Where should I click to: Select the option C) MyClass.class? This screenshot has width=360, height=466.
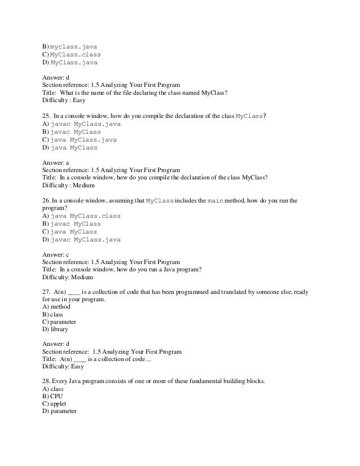click(72, 54)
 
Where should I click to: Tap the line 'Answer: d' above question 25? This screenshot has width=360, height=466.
click(56, 77)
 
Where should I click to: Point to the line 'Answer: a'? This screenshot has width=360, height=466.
click(56, 162)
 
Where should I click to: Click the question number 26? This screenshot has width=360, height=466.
click(47, 201)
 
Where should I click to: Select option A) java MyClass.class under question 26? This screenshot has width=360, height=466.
click(81, 216)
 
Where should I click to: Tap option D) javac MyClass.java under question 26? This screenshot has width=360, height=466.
click(81, 240)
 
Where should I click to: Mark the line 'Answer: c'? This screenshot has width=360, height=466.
click(56, 254)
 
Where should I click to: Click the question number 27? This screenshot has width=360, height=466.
click(47, 293)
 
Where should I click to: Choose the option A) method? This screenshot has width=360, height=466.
click(56, 307)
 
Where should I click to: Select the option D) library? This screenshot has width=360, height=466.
click(55, 329)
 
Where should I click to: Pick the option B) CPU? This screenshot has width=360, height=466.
click(52, 397)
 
